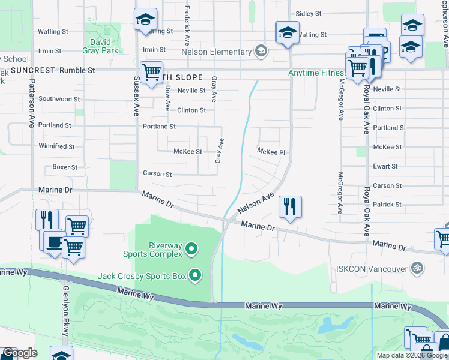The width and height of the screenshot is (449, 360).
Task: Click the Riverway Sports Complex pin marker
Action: pyautogui.click(x=191, y=248)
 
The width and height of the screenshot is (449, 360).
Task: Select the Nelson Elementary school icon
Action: pyautogui.click(x=261, y=52)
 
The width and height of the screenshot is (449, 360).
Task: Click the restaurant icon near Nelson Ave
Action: pyautogui.click(x=290, y=208)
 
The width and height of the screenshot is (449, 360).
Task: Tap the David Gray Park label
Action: pyautogui.click(x=100, y=46)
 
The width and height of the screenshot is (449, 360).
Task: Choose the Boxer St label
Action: pyautogui.click(x=65, y=167)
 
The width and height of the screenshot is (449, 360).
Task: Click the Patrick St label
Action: pyautogui.click(x=387, y=205)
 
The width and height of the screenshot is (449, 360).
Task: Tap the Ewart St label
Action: pyautogui.click(x=385, y=166)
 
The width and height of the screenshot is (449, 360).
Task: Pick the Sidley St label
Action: pyautogui.click(x=309, y=13)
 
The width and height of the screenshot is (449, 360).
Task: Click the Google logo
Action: pyautogui.click(x=20, y=353)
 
